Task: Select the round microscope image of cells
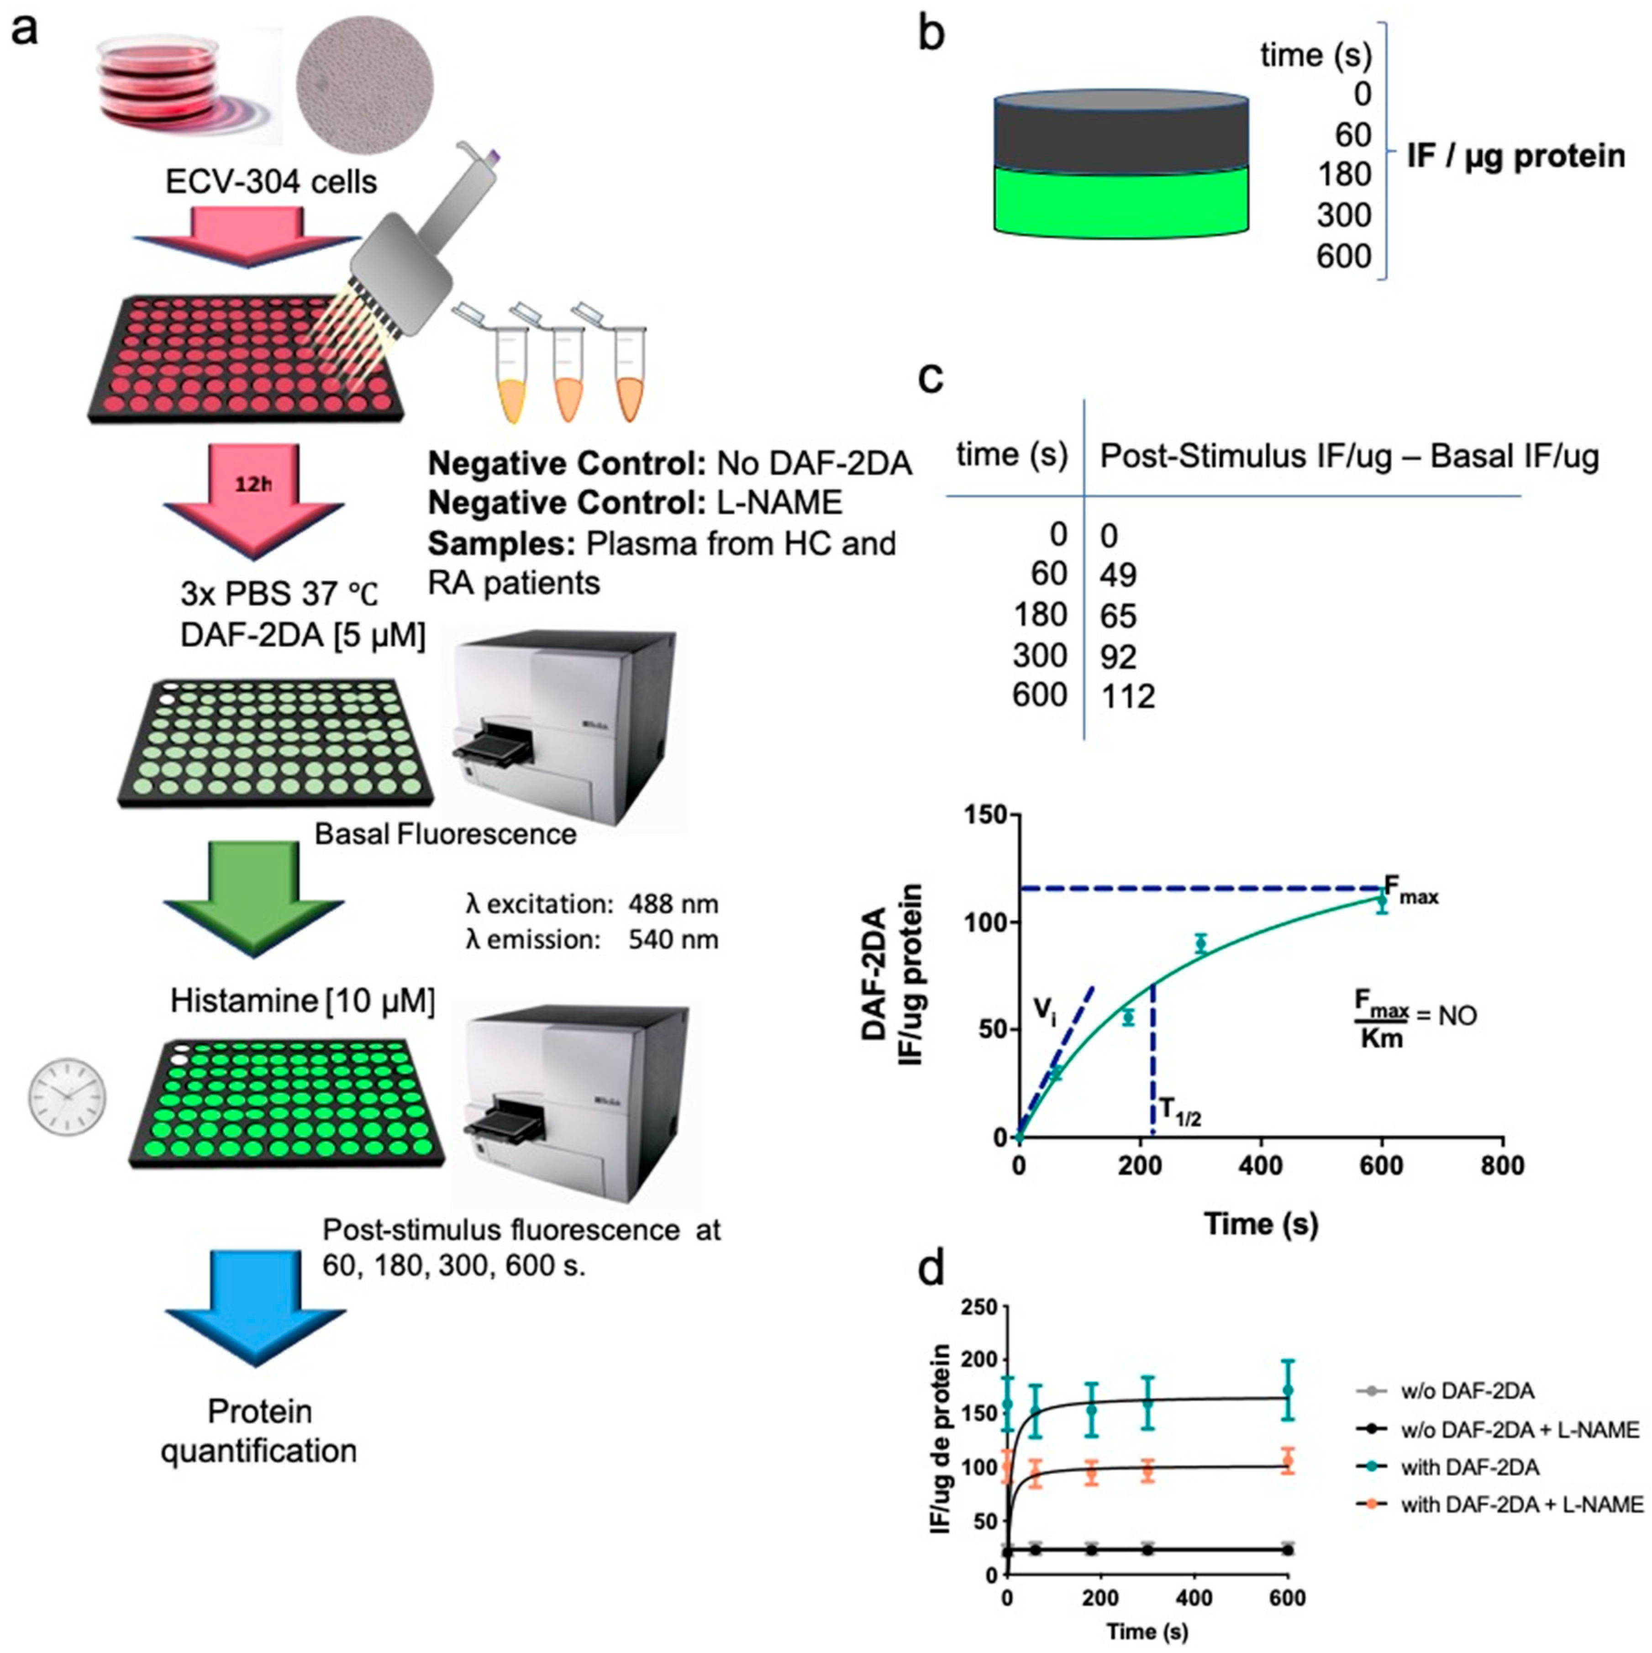364,86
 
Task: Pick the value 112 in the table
1128,696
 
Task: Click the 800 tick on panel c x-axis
1502,1166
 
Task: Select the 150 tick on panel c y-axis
984,816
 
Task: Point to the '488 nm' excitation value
673,905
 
